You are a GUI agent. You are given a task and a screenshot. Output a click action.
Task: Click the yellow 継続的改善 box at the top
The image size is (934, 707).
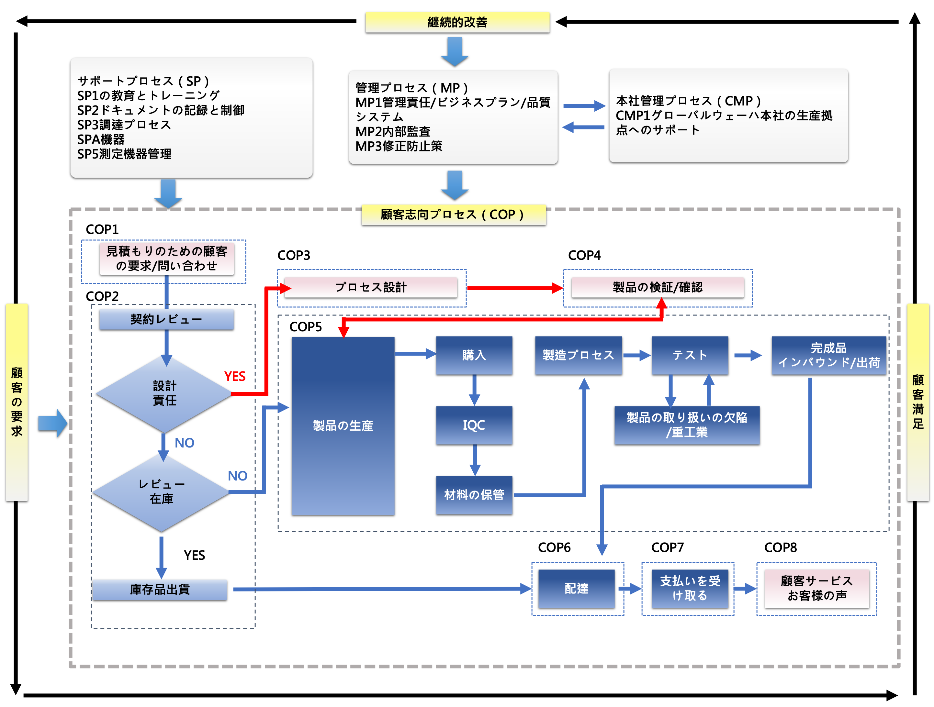tap(457, 22)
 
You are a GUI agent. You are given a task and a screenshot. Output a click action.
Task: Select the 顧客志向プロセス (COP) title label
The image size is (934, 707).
tap(454, 215)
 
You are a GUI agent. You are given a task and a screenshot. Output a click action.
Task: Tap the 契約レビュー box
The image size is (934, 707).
tap(166, 319)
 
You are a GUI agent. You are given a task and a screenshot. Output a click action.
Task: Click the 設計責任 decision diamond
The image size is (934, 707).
tap(164, 393)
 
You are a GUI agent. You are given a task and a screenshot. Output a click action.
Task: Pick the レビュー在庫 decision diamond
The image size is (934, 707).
tap(161, 492)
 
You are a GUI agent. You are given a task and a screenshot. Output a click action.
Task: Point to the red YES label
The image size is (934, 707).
tap(235, 376)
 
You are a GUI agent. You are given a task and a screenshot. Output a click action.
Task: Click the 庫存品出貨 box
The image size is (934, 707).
tap(160, 589)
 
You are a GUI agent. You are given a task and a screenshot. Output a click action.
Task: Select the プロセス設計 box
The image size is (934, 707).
tap(371, 287)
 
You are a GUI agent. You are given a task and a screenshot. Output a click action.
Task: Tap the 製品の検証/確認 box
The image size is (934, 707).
tap(658, 287)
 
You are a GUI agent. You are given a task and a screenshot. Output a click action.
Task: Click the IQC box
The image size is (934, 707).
tap(474, 425)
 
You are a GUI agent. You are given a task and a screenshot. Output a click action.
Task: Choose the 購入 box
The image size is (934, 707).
tap(474, 355)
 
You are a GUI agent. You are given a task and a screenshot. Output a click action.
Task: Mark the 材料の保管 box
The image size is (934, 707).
tap(474, 495)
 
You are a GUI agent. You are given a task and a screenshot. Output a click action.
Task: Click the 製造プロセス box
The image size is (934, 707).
tap(578, 355)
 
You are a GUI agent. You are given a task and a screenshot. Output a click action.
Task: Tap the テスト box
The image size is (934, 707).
tap(690, 355)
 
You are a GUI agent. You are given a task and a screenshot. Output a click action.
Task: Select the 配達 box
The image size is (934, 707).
tap(576, 588)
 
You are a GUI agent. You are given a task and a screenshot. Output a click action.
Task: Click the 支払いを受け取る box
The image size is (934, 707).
tap(690, 588)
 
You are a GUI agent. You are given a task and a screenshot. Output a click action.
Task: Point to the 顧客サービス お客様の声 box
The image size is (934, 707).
tap(816, 588)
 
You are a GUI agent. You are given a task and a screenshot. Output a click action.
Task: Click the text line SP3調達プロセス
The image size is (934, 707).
tap(124, 125)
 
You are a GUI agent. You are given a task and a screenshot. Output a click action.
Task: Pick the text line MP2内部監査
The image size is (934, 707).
tap(393, 132)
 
